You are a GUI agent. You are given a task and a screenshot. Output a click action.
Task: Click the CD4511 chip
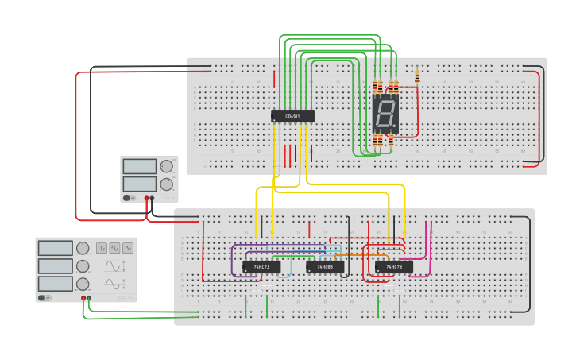coord(292,117)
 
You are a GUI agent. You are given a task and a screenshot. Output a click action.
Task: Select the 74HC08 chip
coord(325,267)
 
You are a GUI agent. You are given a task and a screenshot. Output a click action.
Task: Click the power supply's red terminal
coord(146,199)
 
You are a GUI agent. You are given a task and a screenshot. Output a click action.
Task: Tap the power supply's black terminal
coord(153,199)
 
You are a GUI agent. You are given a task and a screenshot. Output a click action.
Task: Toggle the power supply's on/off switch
coord(129,197)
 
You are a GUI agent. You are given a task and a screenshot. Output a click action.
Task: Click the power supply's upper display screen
coord(140,167)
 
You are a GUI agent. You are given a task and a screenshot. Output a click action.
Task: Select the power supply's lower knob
coord(166,184)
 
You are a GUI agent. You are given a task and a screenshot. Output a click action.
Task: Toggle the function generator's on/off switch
coord(44,298)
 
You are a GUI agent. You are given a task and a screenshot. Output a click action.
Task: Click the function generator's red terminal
coord(83,298)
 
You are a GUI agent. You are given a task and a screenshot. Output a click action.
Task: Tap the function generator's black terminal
coord(89,298)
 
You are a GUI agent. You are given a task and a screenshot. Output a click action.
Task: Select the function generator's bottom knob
coord(83,284)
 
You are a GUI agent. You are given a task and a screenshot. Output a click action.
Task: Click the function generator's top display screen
coord(55,248)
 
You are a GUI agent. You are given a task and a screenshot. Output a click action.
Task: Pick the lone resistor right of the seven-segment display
coord(418,77)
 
